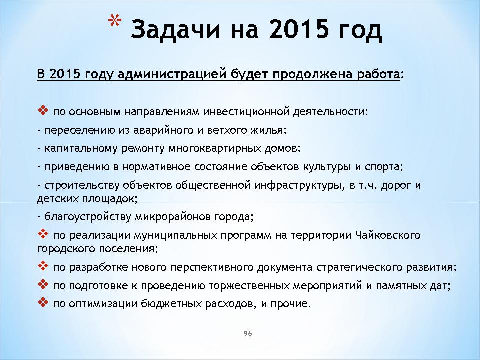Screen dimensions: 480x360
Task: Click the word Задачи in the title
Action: pyautogui.click(x=175, y=29)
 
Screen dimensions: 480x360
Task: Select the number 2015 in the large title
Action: pyautogui.click(x=299, y=29)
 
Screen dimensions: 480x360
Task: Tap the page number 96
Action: pyautogui.click(x=248, y=333)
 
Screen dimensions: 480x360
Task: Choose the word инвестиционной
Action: pyautogui.click(x=246, y=112)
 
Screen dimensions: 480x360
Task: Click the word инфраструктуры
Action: pyautogui.click(x=297, y=185)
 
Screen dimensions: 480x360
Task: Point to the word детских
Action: pyautogui.click(x=58, y=199)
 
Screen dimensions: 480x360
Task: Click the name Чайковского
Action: pyautogui.click(x=388, y=235)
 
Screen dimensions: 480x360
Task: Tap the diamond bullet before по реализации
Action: pyautogui.click(x=43, y=234)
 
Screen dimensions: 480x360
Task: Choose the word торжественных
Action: pyautogui.click(x=249, y=286)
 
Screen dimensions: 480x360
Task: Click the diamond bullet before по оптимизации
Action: pyautogui.click(x=43, y=303)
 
